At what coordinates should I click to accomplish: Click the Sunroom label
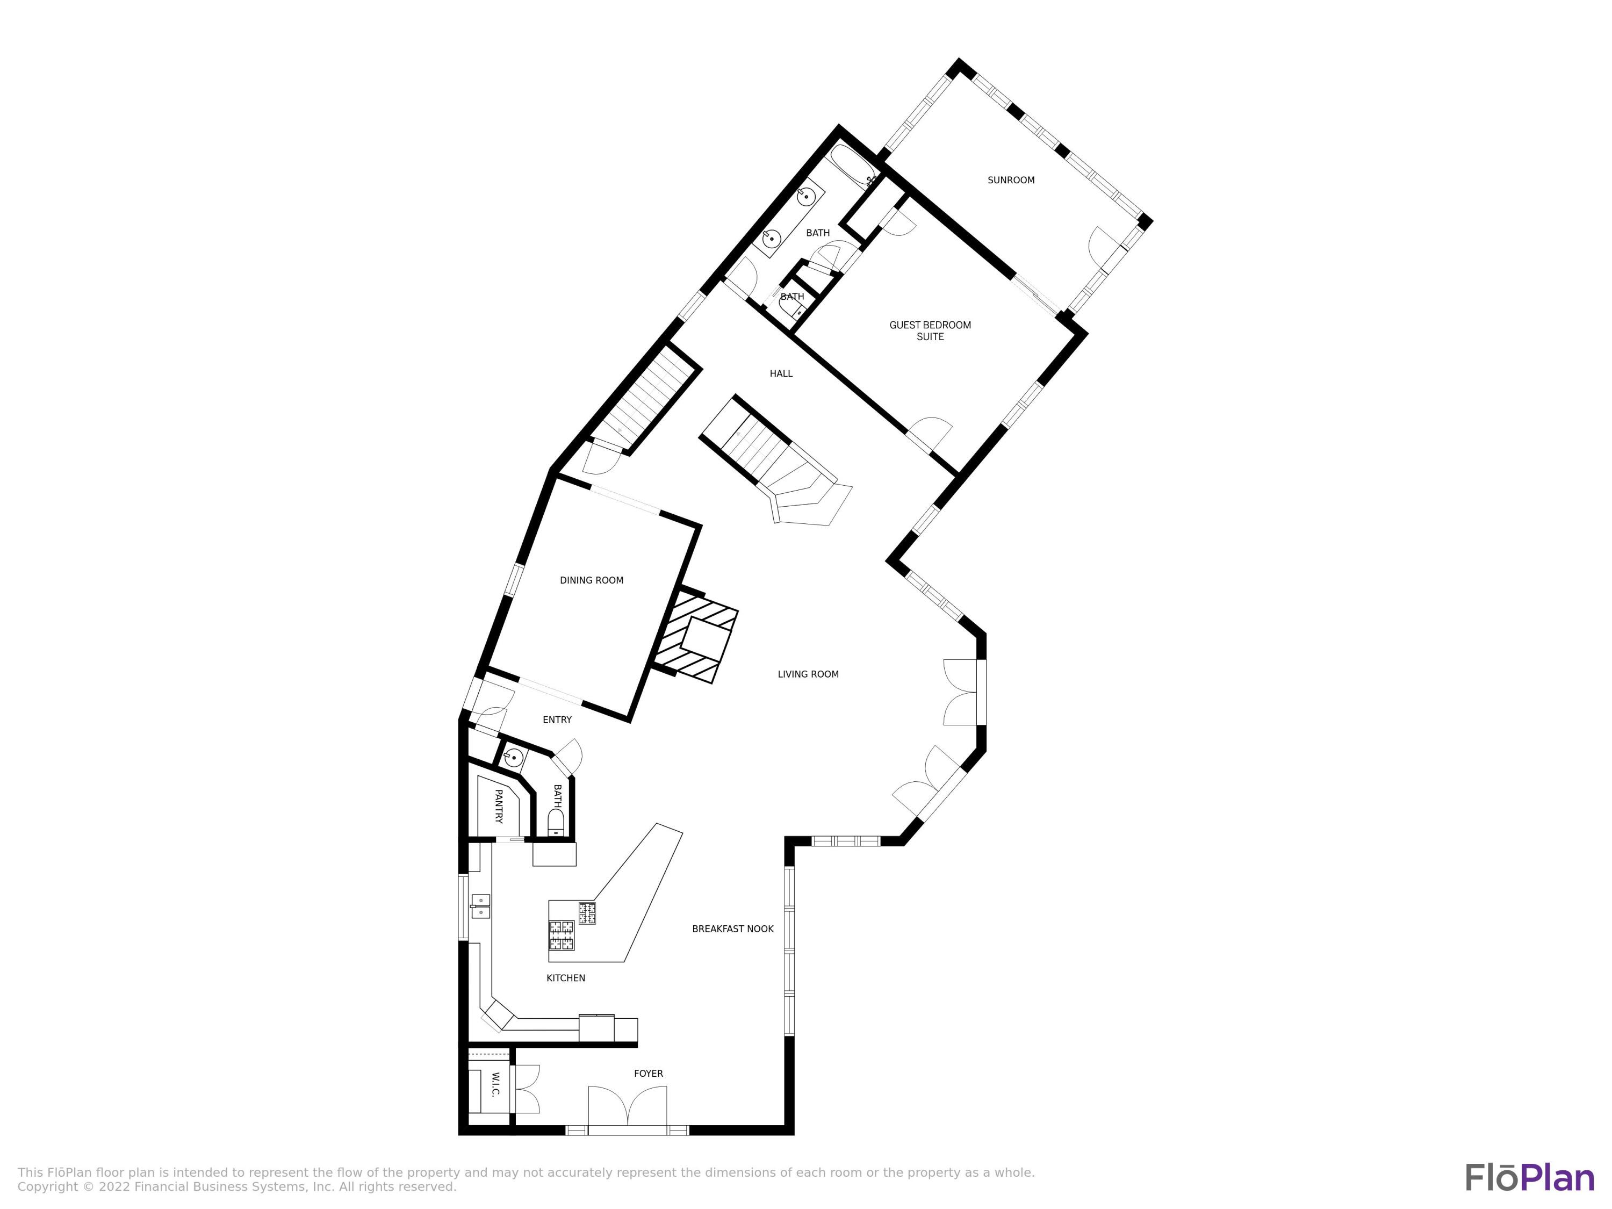[1011, 180]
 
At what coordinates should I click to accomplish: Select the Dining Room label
[591, 580]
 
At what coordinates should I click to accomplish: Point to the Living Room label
[808, 674]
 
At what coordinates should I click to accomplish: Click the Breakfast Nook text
[732, 929]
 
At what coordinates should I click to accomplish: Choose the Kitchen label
[565, 978]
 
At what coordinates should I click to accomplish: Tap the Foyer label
[648, 1074]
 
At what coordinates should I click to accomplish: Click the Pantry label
[499, 806]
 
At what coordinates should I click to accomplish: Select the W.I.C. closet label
[495, 1084]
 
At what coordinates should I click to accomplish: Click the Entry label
[557, 719]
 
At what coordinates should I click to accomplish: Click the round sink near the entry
[513, 758]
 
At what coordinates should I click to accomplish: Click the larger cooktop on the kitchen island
[561, 935]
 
